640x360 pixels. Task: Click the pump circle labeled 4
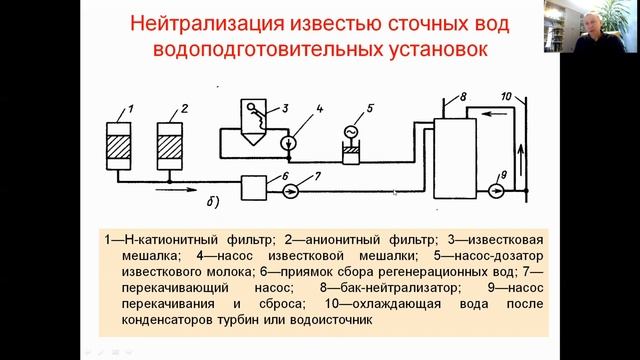[x=289, y=144]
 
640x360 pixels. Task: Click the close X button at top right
[x=629, y=9]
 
